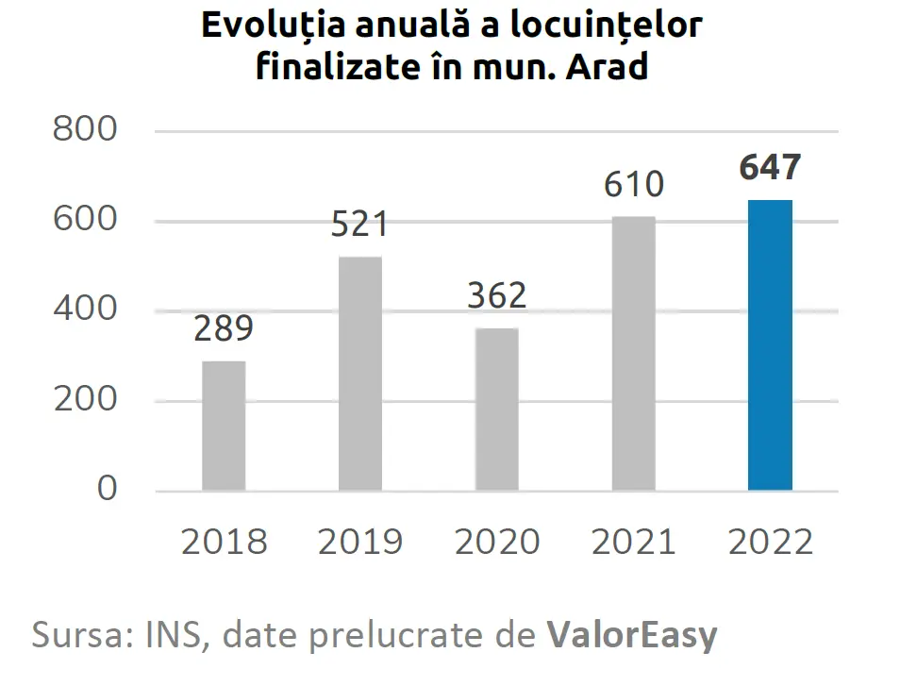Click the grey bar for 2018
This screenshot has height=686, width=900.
click(x=224, y=426)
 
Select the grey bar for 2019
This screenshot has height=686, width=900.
click(x=359, y=374)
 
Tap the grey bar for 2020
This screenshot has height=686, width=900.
click(x=496, y=410)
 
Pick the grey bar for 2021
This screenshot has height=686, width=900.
click(x=633, y=354)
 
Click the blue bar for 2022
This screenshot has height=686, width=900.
click(x=770, y=345)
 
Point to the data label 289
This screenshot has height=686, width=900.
click(x=224, y=329)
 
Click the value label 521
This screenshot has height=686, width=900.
click(x=359, y=225)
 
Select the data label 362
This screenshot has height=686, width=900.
click(x=496, y=295)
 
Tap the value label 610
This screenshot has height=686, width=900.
click(x=633, y=184)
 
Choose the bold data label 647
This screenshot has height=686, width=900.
click(x=770, y=167)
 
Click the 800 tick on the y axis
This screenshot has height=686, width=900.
click(x=85, y=130)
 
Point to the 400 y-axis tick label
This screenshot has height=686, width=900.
click(x=85, y=310)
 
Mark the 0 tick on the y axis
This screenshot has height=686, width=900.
click(x=107, y=489)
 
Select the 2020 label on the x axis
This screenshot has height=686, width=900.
click(x=496, y=543)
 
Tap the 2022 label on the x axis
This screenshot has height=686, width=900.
click(x=770, y=543)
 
